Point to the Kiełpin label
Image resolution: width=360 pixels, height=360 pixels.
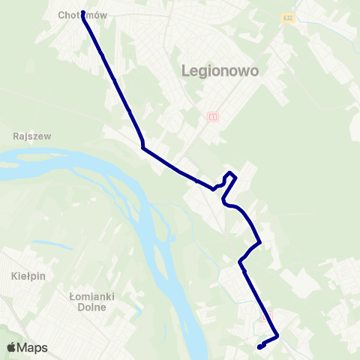click(x=29, y=276)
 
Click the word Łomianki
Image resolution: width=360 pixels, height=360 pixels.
click(x=90, y=296)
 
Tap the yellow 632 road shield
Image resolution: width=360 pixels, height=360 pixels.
click(x=289, y=18)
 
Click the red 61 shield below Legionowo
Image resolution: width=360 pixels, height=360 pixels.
click(x=213, y=117)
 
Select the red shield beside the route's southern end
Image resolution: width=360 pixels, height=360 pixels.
click(x=262, y=317)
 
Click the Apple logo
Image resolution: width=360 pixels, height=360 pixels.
click(x=12, y=347)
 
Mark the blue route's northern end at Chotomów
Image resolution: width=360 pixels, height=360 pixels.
click(x=82, y=12)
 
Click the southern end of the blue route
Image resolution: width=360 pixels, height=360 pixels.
click(x=259, y=347)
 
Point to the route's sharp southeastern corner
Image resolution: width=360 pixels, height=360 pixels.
click(x=277, y=336)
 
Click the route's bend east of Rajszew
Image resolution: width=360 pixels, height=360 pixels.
click(x=142, y=148)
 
